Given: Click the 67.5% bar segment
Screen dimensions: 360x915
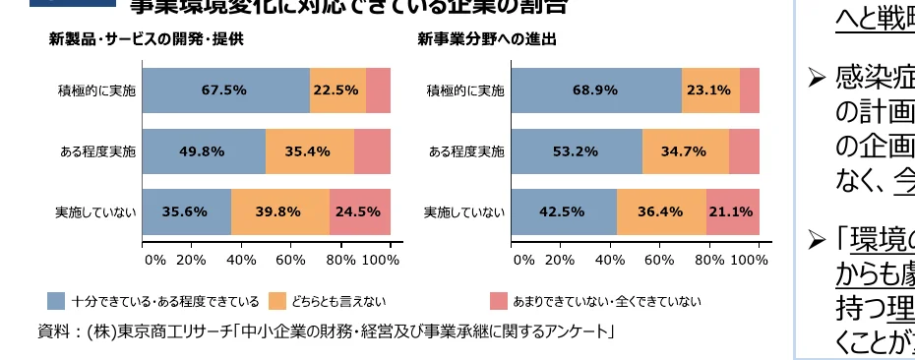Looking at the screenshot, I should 225,90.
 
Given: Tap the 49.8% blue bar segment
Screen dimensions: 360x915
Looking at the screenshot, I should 204,151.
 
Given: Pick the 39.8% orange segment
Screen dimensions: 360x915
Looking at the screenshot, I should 280,211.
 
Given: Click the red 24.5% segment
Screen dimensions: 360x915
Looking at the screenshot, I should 360,211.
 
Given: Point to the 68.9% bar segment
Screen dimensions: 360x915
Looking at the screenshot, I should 596,90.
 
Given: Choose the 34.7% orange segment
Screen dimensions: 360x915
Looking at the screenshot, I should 686,151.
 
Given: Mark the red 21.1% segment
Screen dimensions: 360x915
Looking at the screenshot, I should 733,211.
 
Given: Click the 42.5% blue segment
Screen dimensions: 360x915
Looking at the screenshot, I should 565,211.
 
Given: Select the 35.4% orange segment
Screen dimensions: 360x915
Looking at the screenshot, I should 310,151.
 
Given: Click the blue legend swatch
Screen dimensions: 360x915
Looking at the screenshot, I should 57,301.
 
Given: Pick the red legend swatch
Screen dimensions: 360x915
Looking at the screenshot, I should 499,301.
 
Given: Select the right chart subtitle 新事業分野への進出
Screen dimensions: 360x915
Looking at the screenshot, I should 486,40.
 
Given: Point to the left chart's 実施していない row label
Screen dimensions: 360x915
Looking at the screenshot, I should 96,211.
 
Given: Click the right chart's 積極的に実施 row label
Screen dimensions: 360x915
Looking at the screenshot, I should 465,91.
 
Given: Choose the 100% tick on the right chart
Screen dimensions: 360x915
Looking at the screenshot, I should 750,261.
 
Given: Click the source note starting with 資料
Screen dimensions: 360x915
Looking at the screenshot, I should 325,331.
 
